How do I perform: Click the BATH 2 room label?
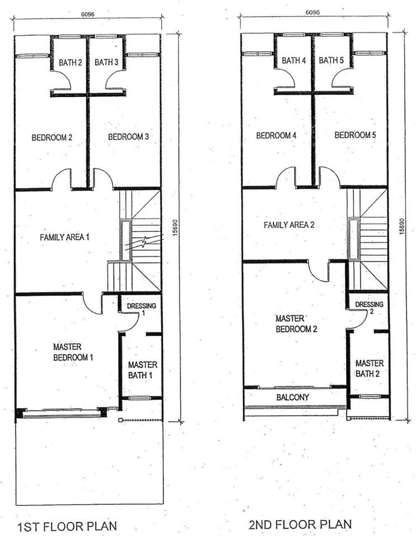click(70, 63)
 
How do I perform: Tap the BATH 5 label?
click(331, 60)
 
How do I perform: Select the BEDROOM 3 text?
click(129, 137)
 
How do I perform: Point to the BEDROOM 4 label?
click(276, 135)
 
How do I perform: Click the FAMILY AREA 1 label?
click(64, 237)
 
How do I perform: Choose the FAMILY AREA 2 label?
click(289, 225)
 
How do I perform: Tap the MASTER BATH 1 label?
click(143, 370)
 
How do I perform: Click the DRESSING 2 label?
click(369, 307)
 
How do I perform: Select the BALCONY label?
click(292, 397)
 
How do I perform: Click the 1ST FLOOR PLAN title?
click(67, 526)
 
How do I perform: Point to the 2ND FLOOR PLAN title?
click(301, 524)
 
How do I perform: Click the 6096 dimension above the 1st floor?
click(88, 15)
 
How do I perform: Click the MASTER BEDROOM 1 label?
click(73, 352)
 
